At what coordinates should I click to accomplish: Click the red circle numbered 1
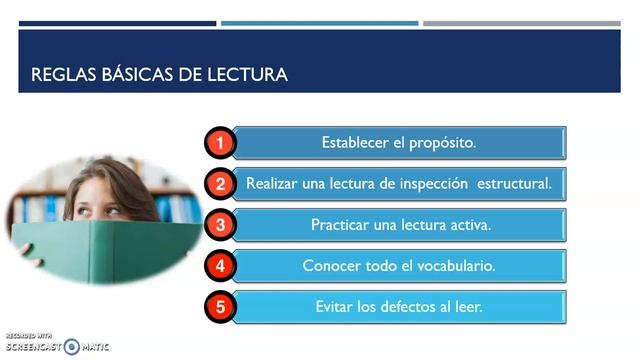[x=221, y=143]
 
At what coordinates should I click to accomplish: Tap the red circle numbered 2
[x=221, y=184]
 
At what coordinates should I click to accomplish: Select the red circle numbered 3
[x=221, y=225]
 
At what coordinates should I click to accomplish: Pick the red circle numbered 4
[x=221, y=266]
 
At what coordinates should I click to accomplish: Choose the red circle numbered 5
[x=221, y=306]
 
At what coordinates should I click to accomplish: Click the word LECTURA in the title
[x=246, y=75]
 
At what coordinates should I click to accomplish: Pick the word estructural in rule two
[x=515, y=184]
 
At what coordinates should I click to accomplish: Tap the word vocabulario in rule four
[x=449, y=266]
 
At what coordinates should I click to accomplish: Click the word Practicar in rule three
[x=342, y=225]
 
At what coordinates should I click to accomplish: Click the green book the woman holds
[x=100, y=250]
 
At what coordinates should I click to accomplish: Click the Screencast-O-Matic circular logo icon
[x=71, y=347]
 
